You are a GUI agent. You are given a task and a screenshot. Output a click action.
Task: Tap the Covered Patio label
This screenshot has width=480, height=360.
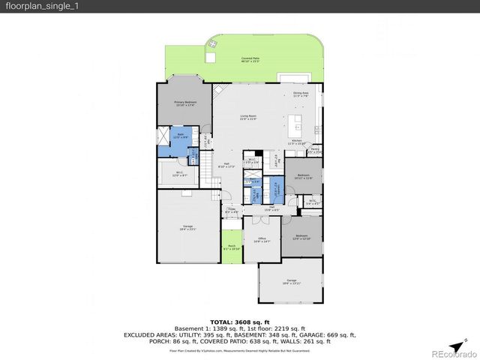point(250,59)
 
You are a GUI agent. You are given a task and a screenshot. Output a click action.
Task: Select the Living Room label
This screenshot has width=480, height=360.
point(248,118)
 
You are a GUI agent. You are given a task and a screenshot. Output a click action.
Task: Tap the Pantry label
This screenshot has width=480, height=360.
point(315,150)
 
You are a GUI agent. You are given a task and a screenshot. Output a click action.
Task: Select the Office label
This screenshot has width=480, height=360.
point(259,240)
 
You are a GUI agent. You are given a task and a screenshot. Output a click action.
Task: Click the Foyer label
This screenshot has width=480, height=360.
point(232,211)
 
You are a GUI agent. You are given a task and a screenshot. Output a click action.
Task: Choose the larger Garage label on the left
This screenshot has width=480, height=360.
point(187,227)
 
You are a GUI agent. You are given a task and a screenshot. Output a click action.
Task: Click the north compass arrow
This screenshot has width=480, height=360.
point(454,339)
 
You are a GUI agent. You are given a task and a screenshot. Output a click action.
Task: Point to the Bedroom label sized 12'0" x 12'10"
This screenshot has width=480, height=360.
point(301,237)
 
